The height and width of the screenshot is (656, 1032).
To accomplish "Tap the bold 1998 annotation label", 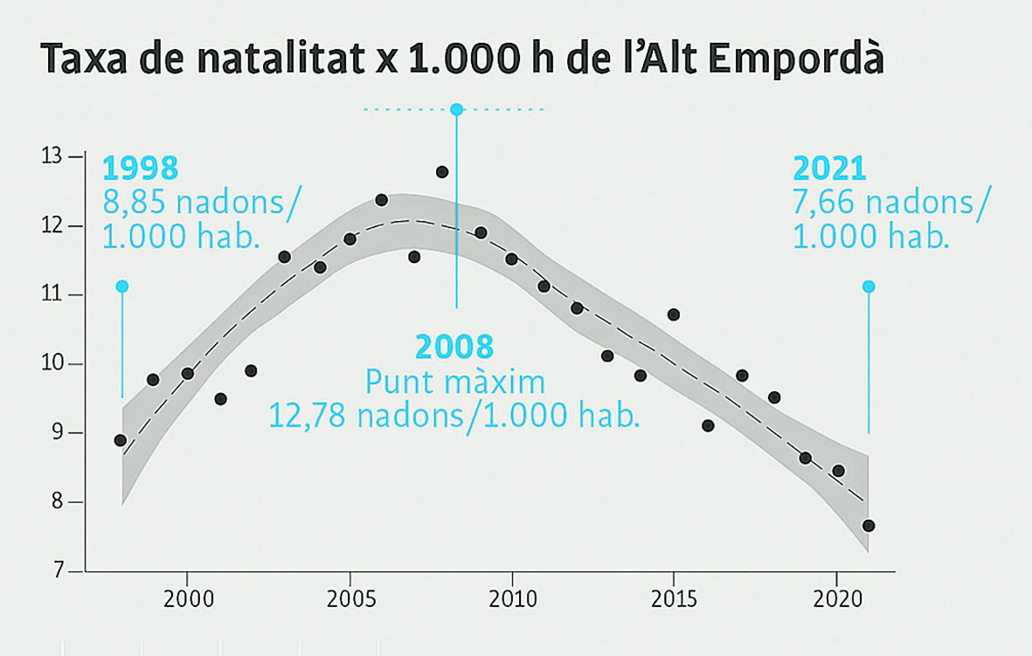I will (140, 168).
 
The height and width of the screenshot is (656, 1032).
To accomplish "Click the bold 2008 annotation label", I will (454, 348).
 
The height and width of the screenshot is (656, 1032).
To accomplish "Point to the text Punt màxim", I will (454, 382).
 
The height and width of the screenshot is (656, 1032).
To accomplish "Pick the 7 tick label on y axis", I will (59, 572).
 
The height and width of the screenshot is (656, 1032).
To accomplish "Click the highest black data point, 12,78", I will (442, 172).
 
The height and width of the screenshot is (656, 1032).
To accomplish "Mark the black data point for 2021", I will (869, 526).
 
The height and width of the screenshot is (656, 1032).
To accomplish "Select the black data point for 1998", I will (121, 440).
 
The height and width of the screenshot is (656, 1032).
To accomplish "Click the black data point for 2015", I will (673, 314).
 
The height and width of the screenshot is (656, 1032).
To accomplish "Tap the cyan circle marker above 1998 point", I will (122, 287).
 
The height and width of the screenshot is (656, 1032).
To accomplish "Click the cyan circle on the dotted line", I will (456, 109).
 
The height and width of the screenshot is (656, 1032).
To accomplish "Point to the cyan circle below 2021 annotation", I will (869, 287).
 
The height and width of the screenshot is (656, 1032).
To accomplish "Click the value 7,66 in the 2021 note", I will (821, 204).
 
